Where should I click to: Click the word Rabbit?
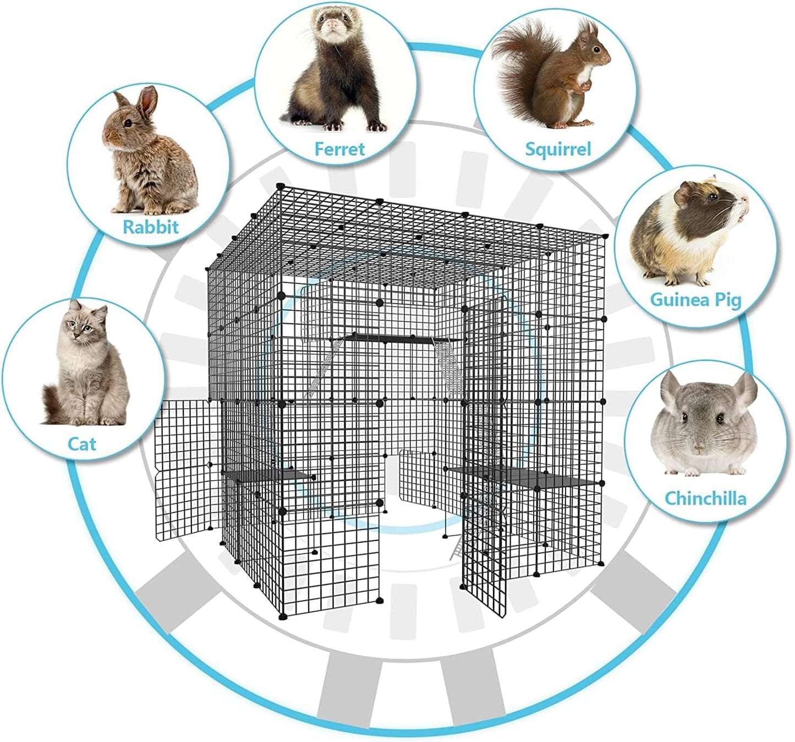150,227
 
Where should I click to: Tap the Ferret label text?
339,149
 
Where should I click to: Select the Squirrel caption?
558,149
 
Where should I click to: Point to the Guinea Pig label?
696,300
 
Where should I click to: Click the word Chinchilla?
705,498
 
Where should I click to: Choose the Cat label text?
81,444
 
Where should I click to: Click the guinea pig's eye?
712,197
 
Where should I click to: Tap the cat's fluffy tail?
53,405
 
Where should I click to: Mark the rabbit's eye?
128,123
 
